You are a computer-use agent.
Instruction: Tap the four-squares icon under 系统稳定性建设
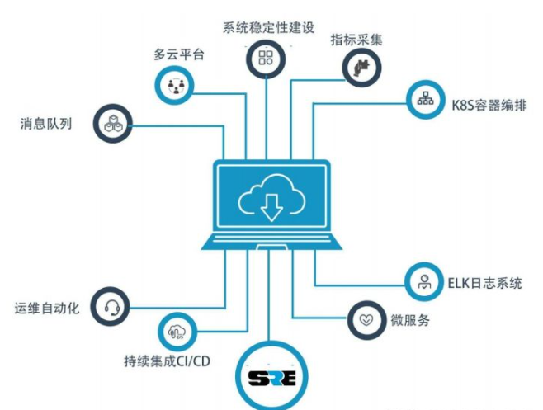click(266, 58)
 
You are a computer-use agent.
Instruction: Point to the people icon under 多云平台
click(175, 85)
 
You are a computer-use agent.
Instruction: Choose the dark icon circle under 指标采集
click(361, 65)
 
